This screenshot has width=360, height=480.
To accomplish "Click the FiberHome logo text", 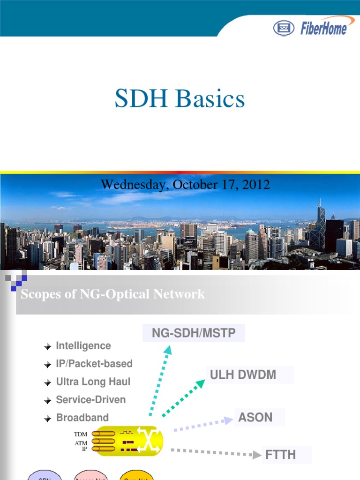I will pyautogui.click(x=324, y=28).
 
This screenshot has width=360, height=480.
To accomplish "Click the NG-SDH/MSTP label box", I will pyautogui.click(x=194, y=333).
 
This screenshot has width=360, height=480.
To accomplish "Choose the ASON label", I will pyautogui.click(x=255, y=417).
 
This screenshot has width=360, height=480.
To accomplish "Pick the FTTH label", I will pyautogui.click(x=281, y=454).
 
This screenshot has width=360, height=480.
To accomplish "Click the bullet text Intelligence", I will pyautogui.click(x=83, y=346).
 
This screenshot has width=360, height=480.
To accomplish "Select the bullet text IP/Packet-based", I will pyautogui.click(x=94, y=364).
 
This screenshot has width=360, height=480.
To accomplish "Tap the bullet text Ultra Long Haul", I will pyautogui.click(x=93, y=382).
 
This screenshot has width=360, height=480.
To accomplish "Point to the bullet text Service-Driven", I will pyautogui.click(x=91, y=400).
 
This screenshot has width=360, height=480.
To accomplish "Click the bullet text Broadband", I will pyautogui.click(x=82, y=418).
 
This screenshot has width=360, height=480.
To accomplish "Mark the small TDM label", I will pyautogui.click(x=81, y=435).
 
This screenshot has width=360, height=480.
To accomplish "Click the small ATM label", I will pyautogui.click(x=81, y=443).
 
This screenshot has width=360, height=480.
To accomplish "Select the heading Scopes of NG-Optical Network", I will pyautogui.click(x=113, y=294).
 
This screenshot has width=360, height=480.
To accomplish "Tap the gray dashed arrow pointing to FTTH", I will pyautogui.click(x=215, y=452).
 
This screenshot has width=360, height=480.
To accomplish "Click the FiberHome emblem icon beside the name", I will pyautogui.click(x=284, y=28).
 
